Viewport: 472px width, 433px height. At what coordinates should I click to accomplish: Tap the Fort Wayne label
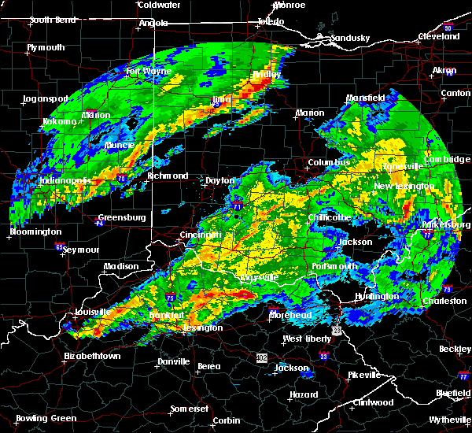144,71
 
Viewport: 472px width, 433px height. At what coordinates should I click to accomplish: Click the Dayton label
219,180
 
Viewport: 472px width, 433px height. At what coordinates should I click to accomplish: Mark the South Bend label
52,20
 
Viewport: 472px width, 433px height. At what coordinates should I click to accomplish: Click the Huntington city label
377,296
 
